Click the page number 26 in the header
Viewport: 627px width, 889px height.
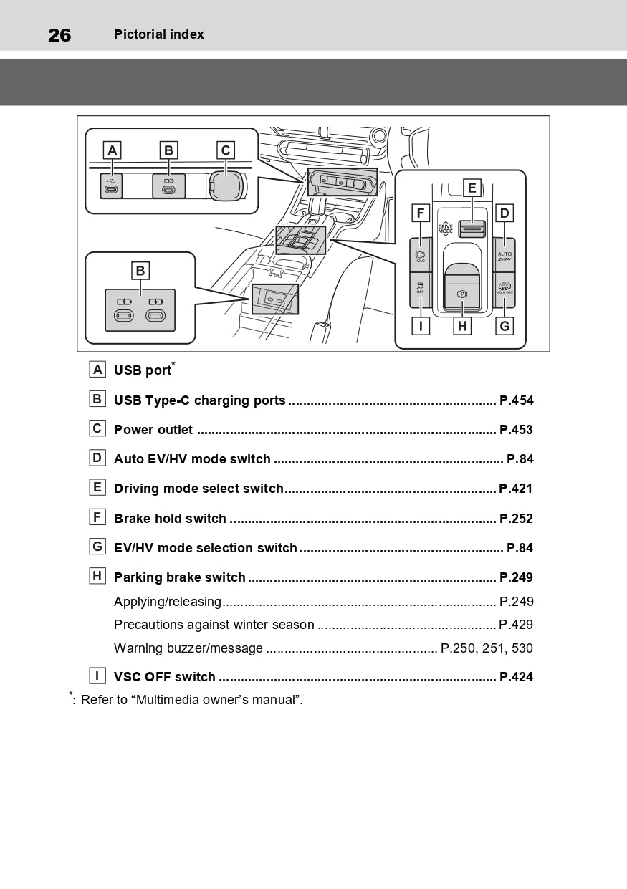59,34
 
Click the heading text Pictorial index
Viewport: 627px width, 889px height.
158,34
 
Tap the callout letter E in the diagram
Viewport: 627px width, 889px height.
472,188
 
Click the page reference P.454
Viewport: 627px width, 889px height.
516,400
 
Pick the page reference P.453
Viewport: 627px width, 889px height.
516,430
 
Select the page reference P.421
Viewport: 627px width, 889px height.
516,489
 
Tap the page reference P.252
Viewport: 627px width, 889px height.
516,518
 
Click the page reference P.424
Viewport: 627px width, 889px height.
516,677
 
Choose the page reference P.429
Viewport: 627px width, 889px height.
516,625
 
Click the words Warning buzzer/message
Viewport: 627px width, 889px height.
188,648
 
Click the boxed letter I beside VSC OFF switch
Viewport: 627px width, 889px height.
97,676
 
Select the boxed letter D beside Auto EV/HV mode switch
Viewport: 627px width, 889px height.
97,458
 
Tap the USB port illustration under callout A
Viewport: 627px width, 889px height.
111,186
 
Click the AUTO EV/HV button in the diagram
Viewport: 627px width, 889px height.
504,256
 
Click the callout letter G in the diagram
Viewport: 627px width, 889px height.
504,327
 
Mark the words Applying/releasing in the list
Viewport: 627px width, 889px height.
168,602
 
